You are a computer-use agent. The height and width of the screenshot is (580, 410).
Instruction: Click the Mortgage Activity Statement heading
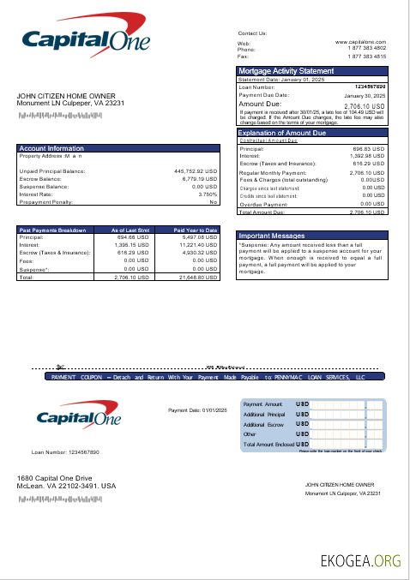point(286,70)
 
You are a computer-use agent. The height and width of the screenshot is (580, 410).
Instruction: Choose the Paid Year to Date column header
point(196,230)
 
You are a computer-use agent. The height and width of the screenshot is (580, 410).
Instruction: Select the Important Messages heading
point(272,235)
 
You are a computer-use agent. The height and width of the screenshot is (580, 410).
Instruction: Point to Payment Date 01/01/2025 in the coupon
point(197,410)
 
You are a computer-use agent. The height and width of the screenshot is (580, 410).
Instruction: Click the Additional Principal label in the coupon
point(263,414)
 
